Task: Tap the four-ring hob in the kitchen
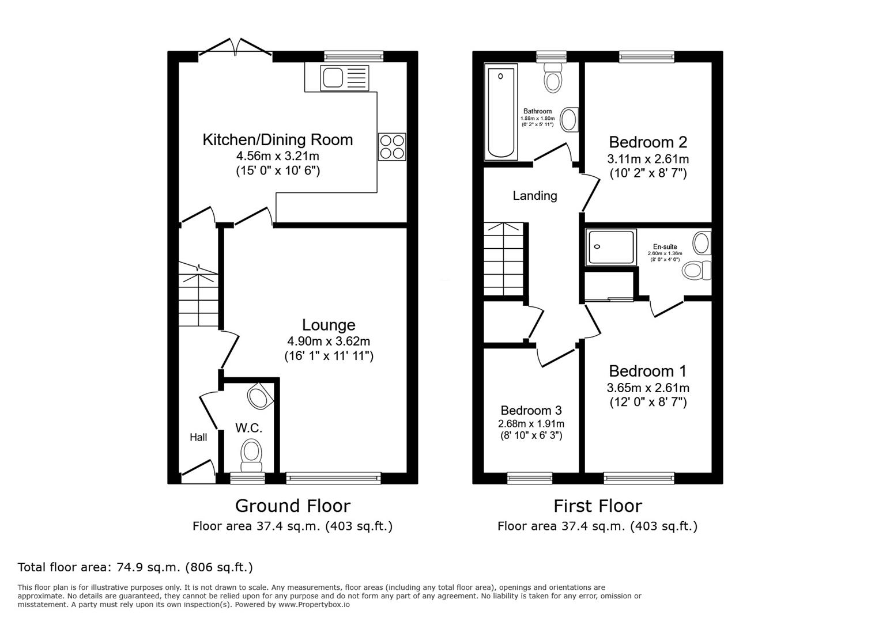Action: pyautogui.click(x=392, y=146)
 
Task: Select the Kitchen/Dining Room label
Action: pyautogui.click(x=277, y=140)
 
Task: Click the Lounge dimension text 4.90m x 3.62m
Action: pyautogui.click(x=329, y=341)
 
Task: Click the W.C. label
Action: pyautogui.click(x=248, y=428)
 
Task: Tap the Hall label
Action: pyautogui.click(x=198, y=437)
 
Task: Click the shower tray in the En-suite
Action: pyautogui.click(x=611, y=247)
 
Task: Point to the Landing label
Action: pyautogui.click(x=535, y=196)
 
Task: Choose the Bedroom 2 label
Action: pyautogui.click(x=648, y=142)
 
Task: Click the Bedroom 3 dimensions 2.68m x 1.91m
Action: pyautogui.click(x=531, y=424)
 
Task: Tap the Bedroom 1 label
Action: pyautogui.click(x=647, y=371)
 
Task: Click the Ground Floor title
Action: pyautogui.click(x=292, y=506)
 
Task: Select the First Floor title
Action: pyautogui.click(x=597, y=506)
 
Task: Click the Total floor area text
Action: pyautogui.click(x=135, y=567)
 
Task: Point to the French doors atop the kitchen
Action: pyautogui.click(x=235, y=48)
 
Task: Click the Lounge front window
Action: pyautogui.click(x=333, y=477)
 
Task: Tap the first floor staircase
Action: pyautogui.click(x=504, y=259)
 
